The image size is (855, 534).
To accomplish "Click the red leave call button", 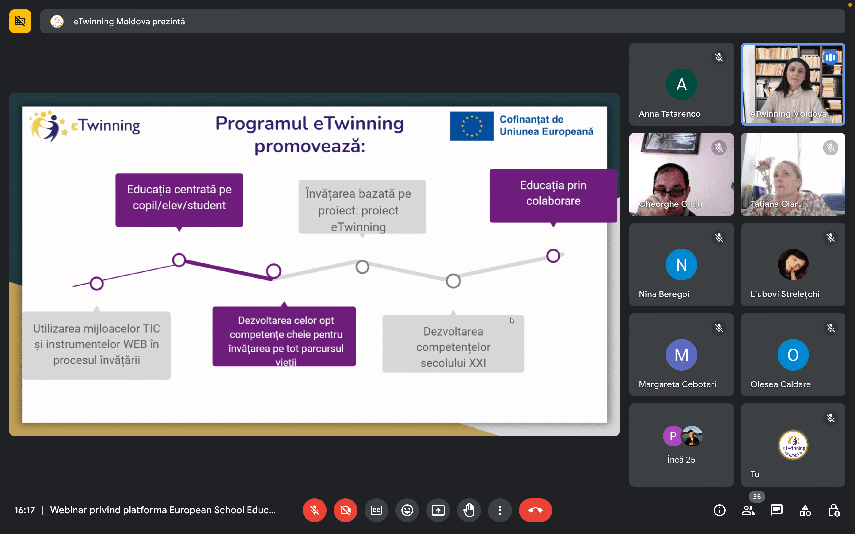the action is [535, 510].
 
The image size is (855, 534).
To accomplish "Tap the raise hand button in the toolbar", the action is [469, 510].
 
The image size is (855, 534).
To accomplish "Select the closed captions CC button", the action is [376, 510].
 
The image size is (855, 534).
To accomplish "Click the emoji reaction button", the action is [407, 510].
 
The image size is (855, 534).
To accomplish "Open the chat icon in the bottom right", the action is [777, 510].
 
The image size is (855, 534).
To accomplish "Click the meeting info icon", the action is [719, 510].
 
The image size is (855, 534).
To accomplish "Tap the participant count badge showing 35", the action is [757, 496].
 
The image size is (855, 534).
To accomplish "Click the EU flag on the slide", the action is [472, 126].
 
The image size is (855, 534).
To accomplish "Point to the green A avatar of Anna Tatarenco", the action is [681, 85].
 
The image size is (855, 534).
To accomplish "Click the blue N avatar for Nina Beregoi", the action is [681, 265].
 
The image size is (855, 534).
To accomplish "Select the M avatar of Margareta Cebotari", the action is [681, 355].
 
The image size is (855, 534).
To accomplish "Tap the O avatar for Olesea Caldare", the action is [793, 355].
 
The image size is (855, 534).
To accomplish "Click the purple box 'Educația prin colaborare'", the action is [553, 196].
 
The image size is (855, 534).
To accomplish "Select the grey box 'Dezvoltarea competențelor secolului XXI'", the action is [453, 344].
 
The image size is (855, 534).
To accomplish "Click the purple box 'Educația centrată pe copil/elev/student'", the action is [179, 200].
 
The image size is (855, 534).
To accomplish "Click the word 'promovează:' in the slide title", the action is [310, 146].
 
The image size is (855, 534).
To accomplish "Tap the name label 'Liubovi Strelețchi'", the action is [785, 294].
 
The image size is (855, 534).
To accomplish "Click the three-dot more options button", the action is [500, 510].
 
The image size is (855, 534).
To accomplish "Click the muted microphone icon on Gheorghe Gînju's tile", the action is [719, 148].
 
